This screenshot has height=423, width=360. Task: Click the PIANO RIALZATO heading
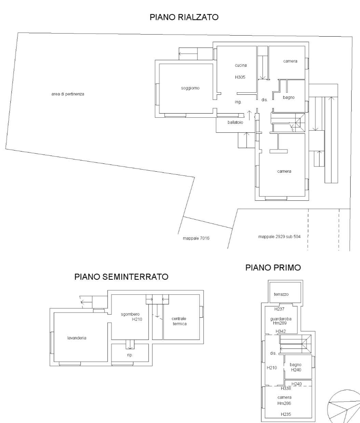pos(184,17)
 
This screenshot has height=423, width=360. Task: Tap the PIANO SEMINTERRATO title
pos(121,277)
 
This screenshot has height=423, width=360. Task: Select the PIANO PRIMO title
pos(273,267)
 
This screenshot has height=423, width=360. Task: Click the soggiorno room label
pos(190,88)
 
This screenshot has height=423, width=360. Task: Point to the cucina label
pos(241,65)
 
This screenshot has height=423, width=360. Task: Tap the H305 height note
pos(240,77)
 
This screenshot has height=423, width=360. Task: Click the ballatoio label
pos(235,122)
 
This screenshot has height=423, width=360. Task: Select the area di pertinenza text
pos(68,94)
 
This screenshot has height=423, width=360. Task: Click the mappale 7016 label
pos(196,238)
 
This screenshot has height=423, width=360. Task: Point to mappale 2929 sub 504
pos(279,237)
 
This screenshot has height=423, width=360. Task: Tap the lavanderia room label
pos(77,338)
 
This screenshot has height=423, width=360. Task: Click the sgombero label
pos(130,314)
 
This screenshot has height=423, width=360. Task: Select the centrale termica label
pos(179,321)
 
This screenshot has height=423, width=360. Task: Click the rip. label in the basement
pos(130,355)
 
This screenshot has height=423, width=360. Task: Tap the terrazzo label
pos(281,294)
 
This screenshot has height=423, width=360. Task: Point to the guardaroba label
pos(281,319)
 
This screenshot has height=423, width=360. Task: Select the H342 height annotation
pos(281,331)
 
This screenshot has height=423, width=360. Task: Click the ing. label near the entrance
pos(238,102)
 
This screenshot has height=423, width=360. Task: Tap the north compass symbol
pos(344,407)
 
